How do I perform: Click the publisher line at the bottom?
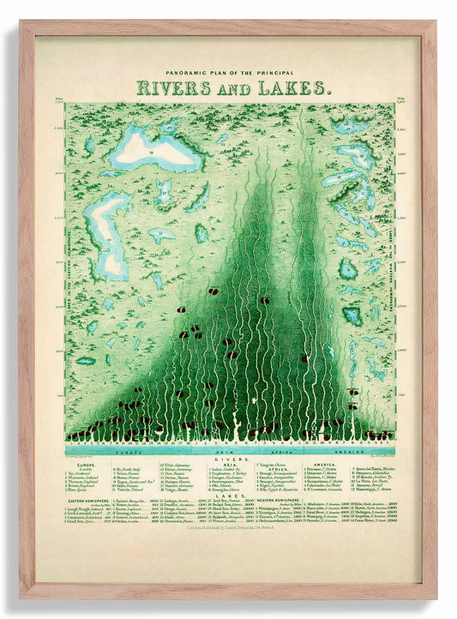click(x=228, y=532)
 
